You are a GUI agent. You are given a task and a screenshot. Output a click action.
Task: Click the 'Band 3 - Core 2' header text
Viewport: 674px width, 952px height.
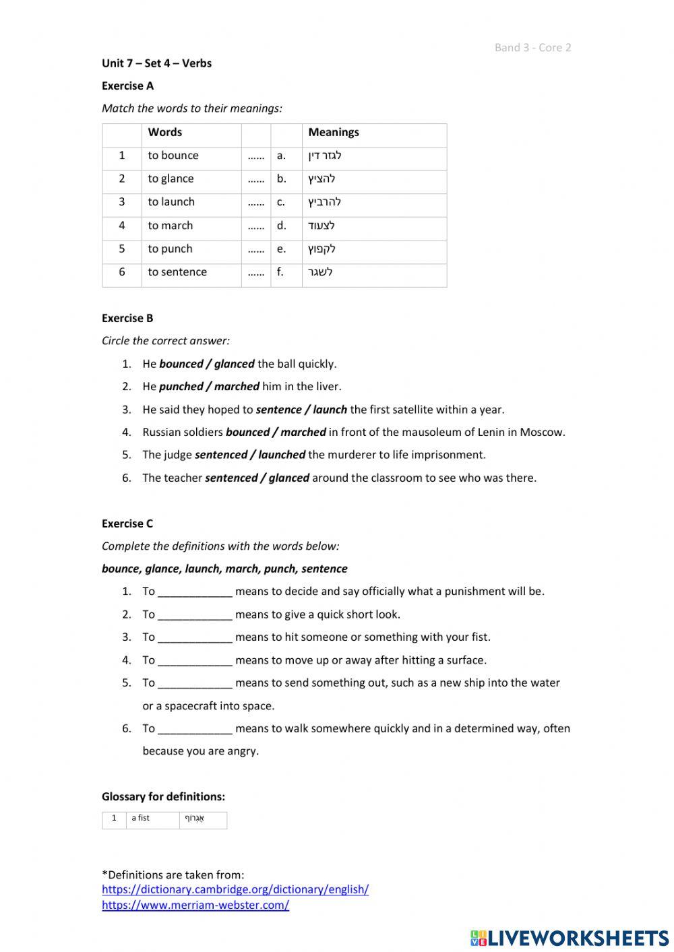pyautogui.click(x=532, y=47)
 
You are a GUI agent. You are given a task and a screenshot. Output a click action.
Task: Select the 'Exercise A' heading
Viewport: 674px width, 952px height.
pyautogui.click(x=127, y=86)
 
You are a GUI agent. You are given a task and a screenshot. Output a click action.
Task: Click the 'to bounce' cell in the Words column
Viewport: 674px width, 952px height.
pyautogui.click(x=173, y=156)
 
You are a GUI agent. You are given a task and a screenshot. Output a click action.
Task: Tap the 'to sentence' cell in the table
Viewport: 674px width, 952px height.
pyautogui.click(x=177, y=272)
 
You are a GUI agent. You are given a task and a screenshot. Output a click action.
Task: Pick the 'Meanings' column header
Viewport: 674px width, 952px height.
pyautogui.click(x=334, y=132)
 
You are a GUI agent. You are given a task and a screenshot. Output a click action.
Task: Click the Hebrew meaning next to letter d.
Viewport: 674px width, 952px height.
pyautogui.click(x=321, y=226)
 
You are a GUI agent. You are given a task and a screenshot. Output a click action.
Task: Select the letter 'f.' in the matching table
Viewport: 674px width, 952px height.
pyautogui.click(x=280, y=272)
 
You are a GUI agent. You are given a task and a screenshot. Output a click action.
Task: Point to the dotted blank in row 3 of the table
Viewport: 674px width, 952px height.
pyautogui.click(x=255, y=202)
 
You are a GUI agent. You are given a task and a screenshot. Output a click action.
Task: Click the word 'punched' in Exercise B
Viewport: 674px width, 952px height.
pyautogui.click(x=181, y=387)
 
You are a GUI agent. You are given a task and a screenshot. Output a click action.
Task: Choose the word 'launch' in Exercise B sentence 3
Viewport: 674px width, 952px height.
pyautogui.click(x=330, y=410)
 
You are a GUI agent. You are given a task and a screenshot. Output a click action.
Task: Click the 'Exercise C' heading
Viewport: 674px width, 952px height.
pyautogui.click(x=127, y=523)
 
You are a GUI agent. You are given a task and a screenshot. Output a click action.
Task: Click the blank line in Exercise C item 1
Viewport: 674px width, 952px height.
pyautogui.click(x=195, y=592)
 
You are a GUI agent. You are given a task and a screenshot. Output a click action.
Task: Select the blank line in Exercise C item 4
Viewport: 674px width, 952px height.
pyautogui.click(x=195, y=661)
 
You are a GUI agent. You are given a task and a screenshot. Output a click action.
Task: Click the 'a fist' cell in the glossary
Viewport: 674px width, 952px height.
pyautogui.click(x=141, y=819)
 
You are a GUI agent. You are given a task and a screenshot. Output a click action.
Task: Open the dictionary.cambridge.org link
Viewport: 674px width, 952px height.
pyautogui.click(x=235, y=889)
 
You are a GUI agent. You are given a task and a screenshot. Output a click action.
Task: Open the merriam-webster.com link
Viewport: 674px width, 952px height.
pyautogui.click(x=195, y=906)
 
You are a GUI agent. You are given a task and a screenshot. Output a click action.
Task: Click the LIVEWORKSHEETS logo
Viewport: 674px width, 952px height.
pyautogui.click(x=570, y=937)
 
